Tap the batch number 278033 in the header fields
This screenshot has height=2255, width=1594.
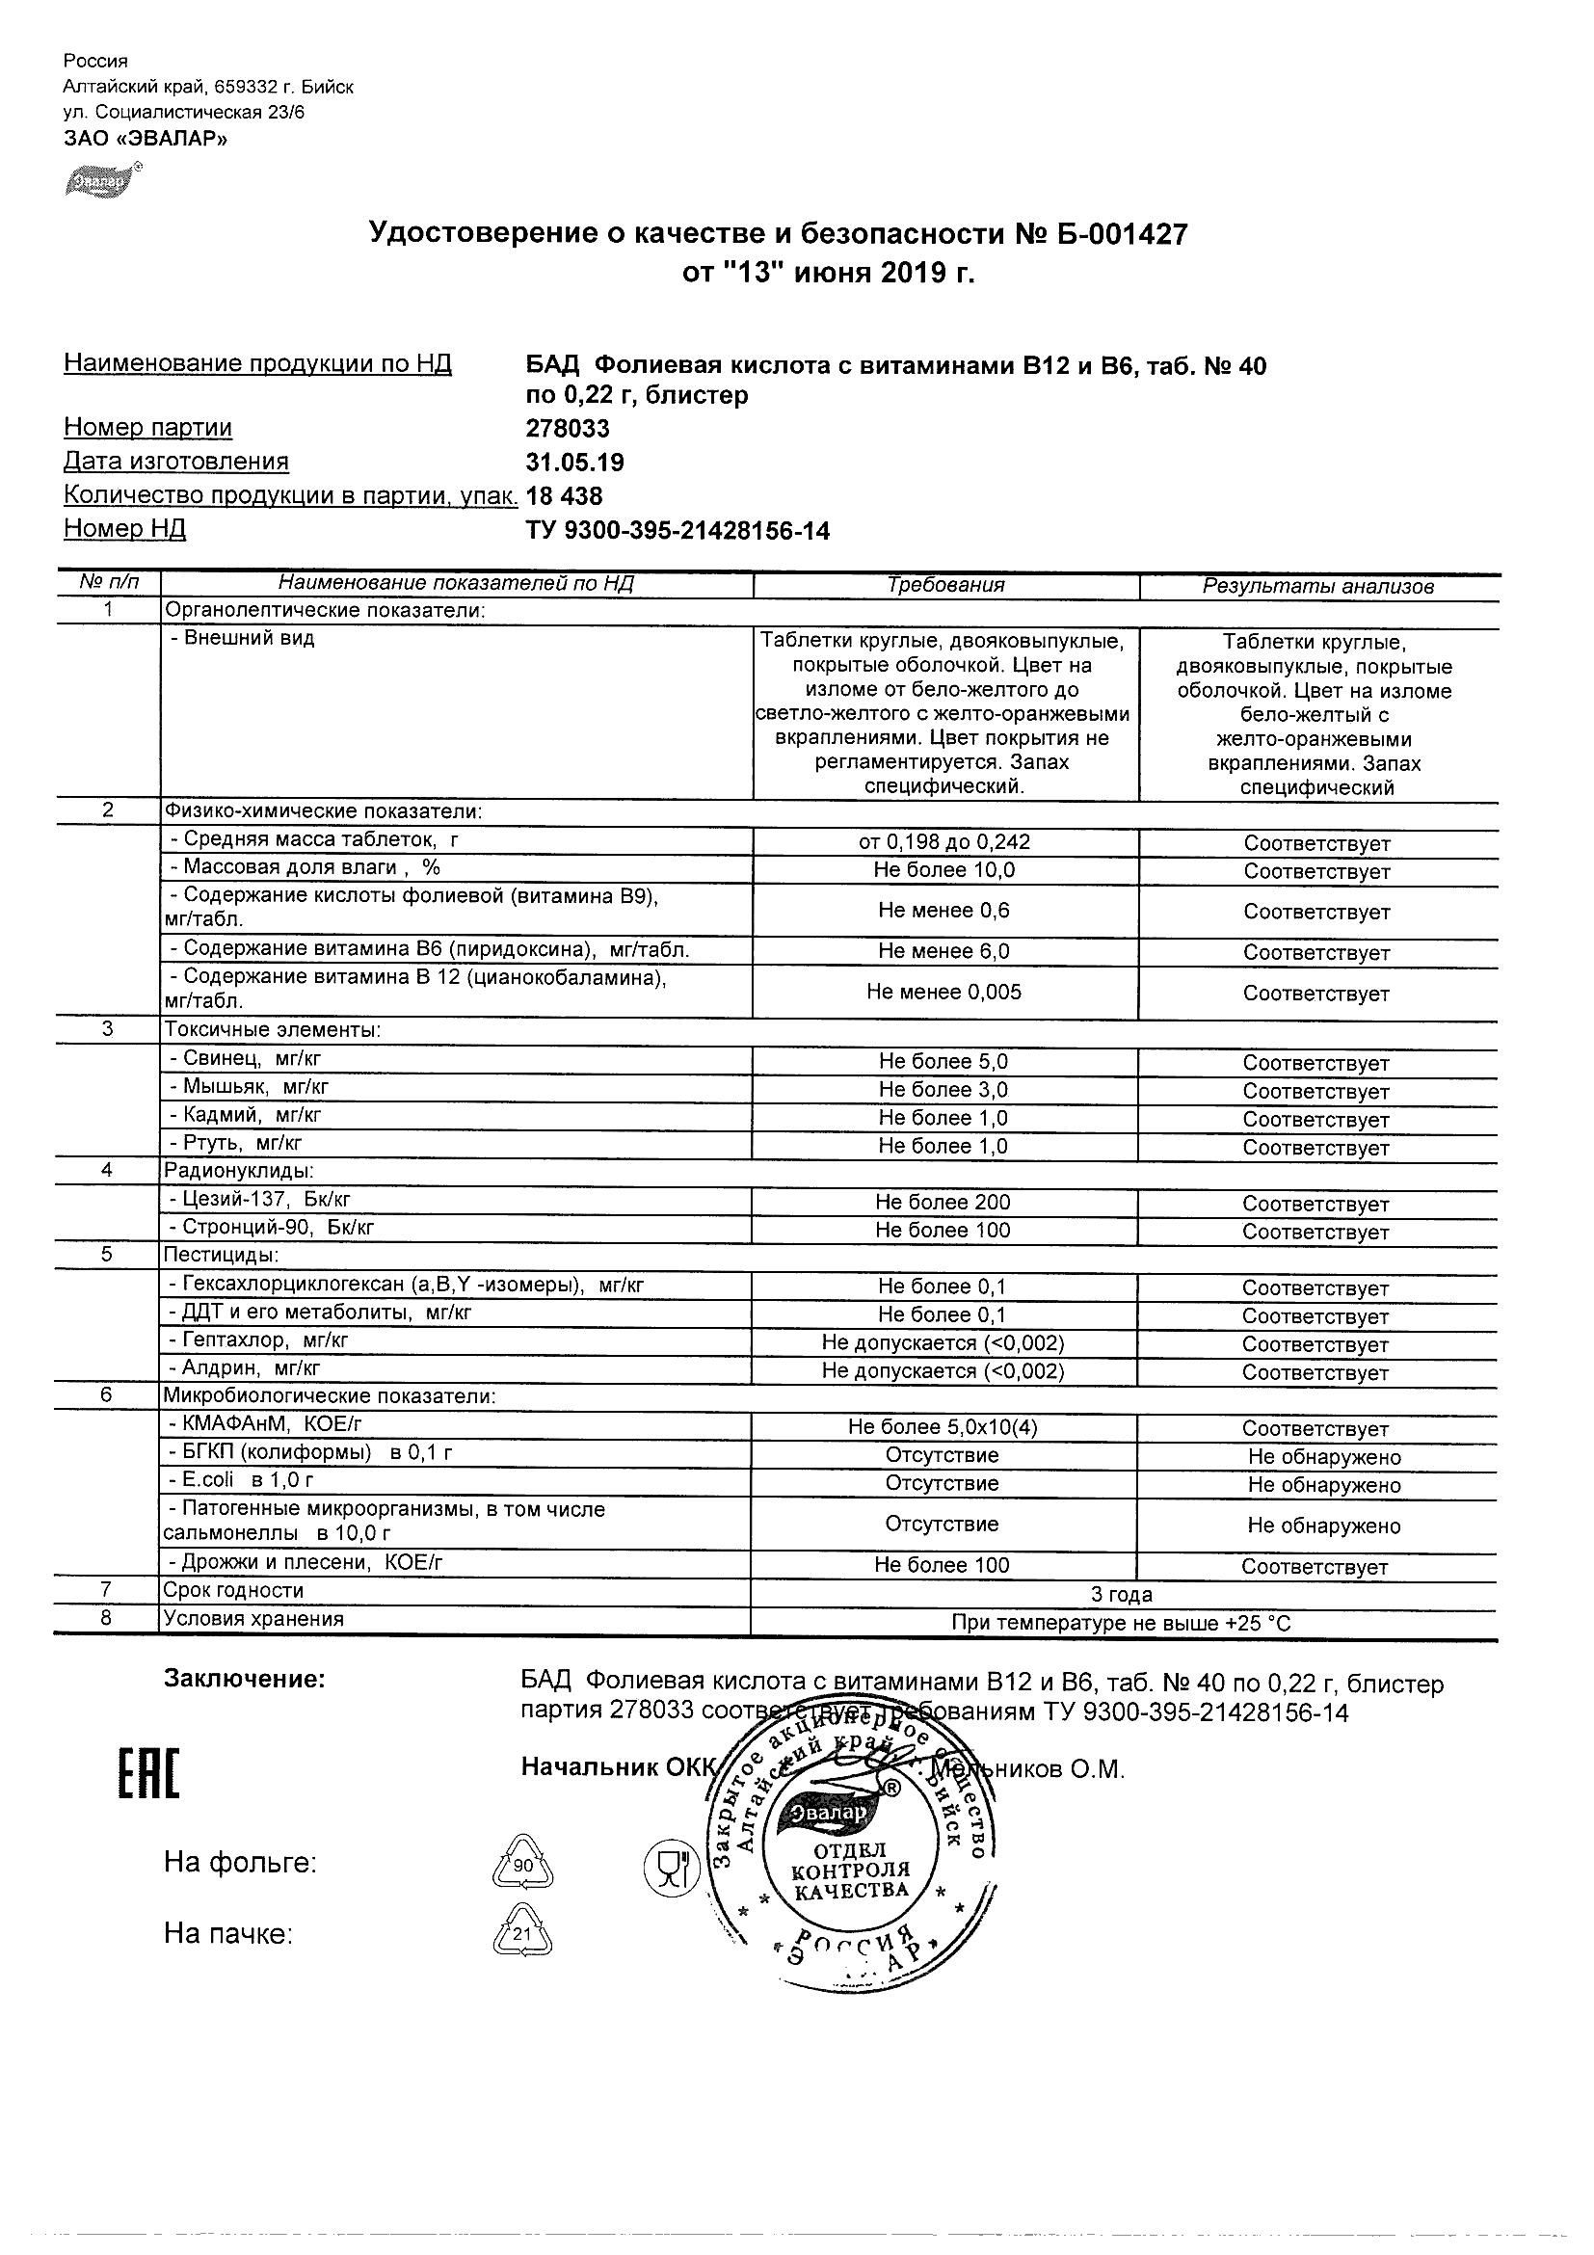pyautogui.click(x=568, y=429)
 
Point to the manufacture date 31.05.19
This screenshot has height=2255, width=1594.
pyautogui.click(x=574, y=463)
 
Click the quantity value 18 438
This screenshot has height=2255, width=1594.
pyautogui.click(x=565, y=496)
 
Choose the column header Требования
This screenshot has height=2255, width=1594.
pyautogui.click(x=945, y=586)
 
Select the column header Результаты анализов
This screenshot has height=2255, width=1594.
pyautogui.click(x=1318, y=587)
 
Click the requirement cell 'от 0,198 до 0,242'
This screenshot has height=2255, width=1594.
pyautogui.click(x=944, y=842)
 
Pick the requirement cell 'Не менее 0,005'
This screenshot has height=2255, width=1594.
pyautogui.click(x=943, y=992)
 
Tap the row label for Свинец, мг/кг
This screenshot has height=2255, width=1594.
pyautogui.click(x=246, y=1059)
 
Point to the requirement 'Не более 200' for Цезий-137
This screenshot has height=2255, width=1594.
pyautogui.click(x=943, y=1202)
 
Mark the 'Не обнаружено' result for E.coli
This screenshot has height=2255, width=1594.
pyautogui.click(x=1324, y=1485)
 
